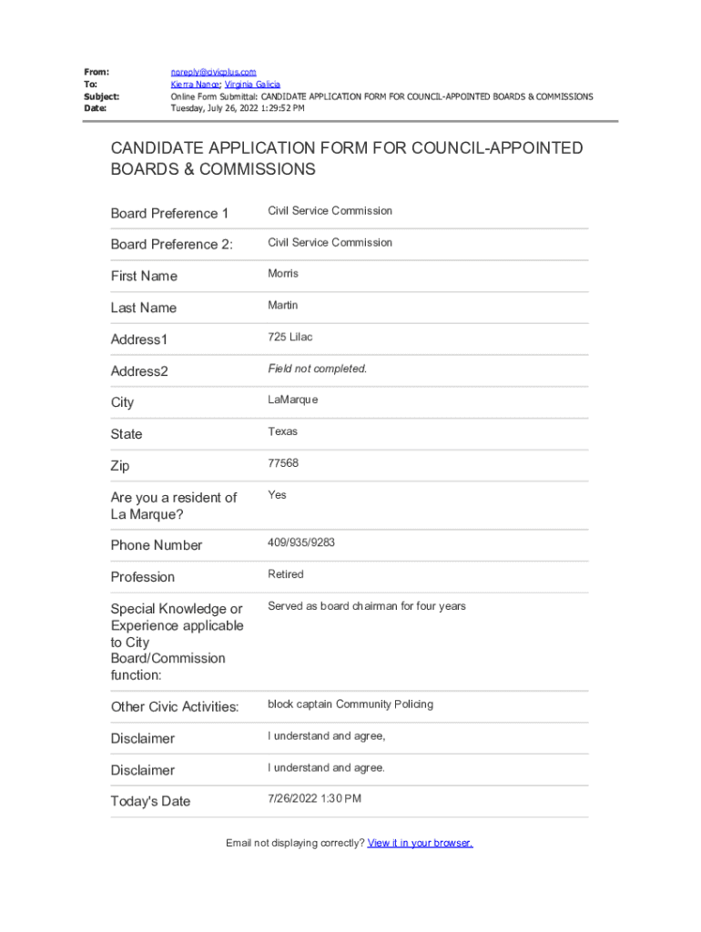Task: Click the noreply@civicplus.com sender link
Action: (213, 72)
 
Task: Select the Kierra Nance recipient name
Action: (195, 84)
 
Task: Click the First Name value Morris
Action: (282, 273)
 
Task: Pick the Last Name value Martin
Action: (282, 305)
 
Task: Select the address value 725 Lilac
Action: (290, 337)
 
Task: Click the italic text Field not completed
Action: (317, 369)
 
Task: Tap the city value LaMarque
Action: (292, 400)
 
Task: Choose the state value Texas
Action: (282, 431)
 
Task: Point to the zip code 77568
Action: (282, 463)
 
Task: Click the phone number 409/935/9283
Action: (300, 542)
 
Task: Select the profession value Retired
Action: (285, 574)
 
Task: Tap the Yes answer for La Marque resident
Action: (277, 495)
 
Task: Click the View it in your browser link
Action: (420, 843)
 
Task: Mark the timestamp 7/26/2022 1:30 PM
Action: (314, 798)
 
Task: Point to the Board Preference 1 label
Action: (169, 214)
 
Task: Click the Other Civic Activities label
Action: (175, 707)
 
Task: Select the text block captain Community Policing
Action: (350, 704)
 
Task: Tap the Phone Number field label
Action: (157, 545)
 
